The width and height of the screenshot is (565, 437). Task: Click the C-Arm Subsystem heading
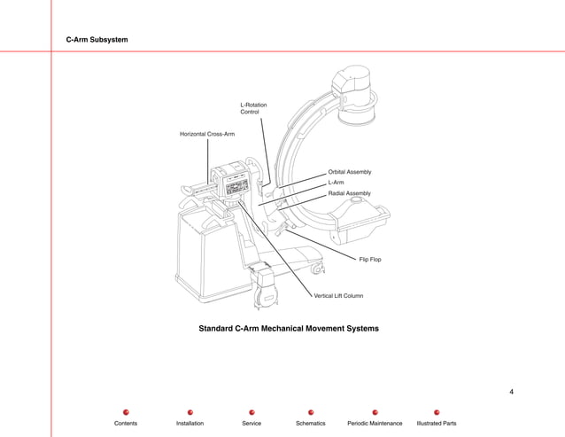pos(97,41)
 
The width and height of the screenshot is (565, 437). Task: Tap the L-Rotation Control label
pos(253,109)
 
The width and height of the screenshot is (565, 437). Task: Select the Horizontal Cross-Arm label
pos(207,134)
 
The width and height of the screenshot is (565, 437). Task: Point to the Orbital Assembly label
pos(350,172)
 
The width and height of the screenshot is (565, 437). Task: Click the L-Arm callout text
pos(337,183)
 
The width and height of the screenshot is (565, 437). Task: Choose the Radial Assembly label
pos(350,193)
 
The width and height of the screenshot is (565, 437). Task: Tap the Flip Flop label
pos(370,260)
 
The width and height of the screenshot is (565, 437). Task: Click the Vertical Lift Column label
pos(338,295)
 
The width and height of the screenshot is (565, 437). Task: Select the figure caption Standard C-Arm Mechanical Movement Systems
pos(289,329)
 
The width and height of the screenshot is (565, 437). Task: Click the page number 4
pos(512,391)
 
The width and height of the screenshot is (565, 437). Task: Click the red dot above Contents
pos(126,412)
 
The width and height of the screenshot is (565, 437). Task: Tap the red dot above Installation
pos(190,412)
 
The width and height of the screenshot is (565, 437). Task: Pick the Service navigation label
pos(252,424)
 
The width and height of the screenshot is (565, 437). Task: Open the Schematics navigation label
pos(311,424)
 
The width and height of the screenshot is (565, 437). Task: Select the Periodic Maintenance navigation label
pos(375,424)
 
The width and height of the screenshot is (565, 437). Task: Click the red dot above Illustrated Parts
pos(437,412)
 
